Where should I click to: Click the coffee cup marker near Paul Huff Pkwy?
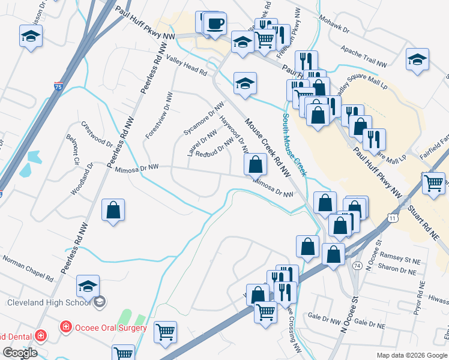(215, 25)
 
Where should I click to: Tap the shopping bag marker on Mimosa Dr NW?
(256, 164)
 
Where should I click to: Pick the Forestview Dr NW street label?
(157, 116)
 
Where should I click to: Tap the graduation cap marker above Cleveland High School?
(88, 286)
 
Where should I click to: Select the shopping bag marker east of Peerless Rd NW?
(113, 211)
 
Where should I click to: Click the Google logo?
(20, 352)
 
